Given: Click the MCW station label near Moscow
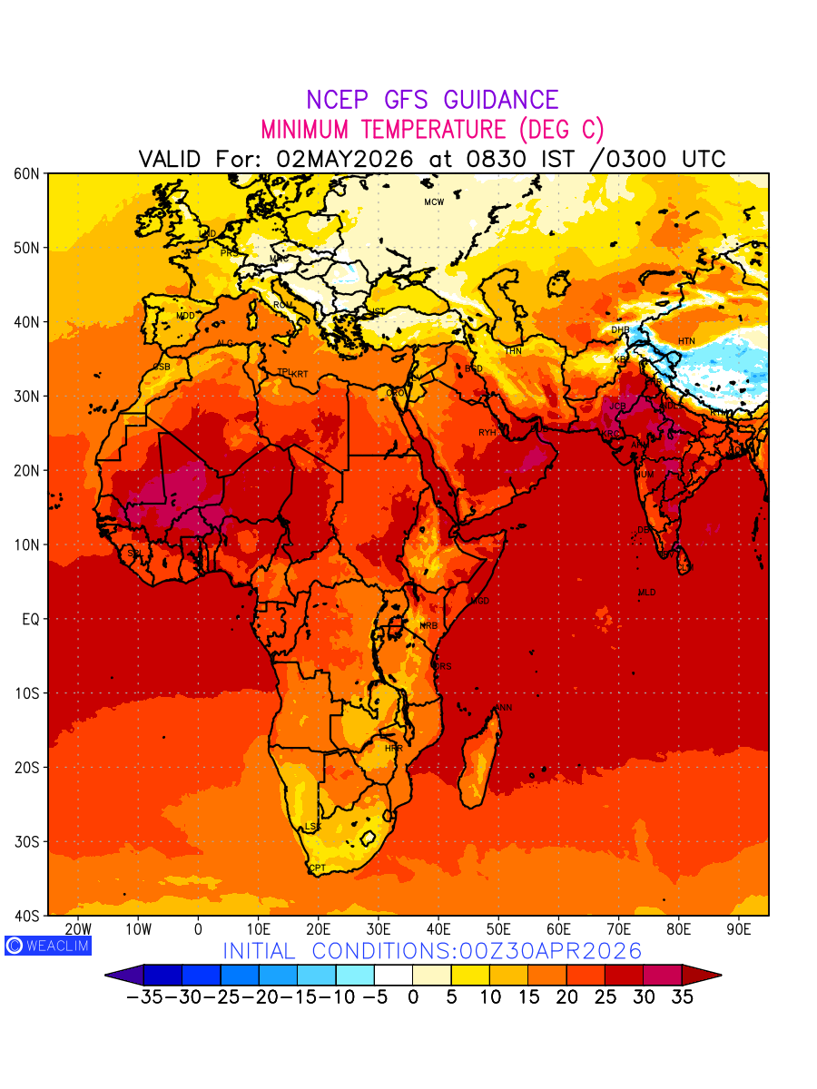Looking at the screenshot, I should pos(434,202).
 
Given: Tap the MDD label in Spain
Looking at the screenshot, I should pos(185,316).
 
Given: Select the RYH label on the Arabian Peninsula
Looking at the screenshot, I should pos(487,433).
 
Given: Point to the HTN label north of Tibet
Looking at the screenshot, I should pos(686,341).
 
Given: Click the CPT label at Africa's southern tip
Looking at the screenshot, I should pos(318,869).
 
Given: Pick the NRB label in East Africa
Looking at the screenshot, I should pos(428,626).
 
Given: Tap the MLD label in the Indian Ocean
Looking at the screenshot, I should pos(646,593).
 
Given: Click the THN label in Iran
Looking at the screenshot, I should pos(513,351).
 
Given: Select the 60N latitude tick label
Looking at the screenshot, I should pos(27,173).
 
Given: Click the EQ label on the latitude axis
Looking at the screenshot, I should pos(31,619).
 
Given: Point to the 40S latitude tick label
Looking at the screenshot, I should pos(27,916).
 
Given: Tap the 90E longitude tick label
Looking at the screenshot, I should pos(739,930).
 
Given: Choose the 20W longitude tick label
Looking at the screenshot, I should pos(78,930).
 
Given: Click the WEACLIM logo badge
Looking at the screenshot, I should pos(48,946).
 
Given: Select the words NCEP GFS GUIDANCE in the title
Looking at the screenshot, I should pos(432,100).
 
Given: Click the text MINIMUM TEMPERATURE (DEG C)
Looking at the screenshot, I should pos(432,129).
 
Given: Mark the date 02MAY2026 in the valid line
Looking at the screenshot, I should pos(345,159).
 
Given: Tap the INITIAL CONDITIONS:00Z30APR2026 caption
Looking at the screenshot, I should pos(432,951).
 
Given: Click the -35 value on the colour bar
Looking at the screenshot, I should pos(143,997).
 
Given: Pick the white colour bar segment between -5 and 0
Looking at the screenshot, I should pos(393,976).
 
